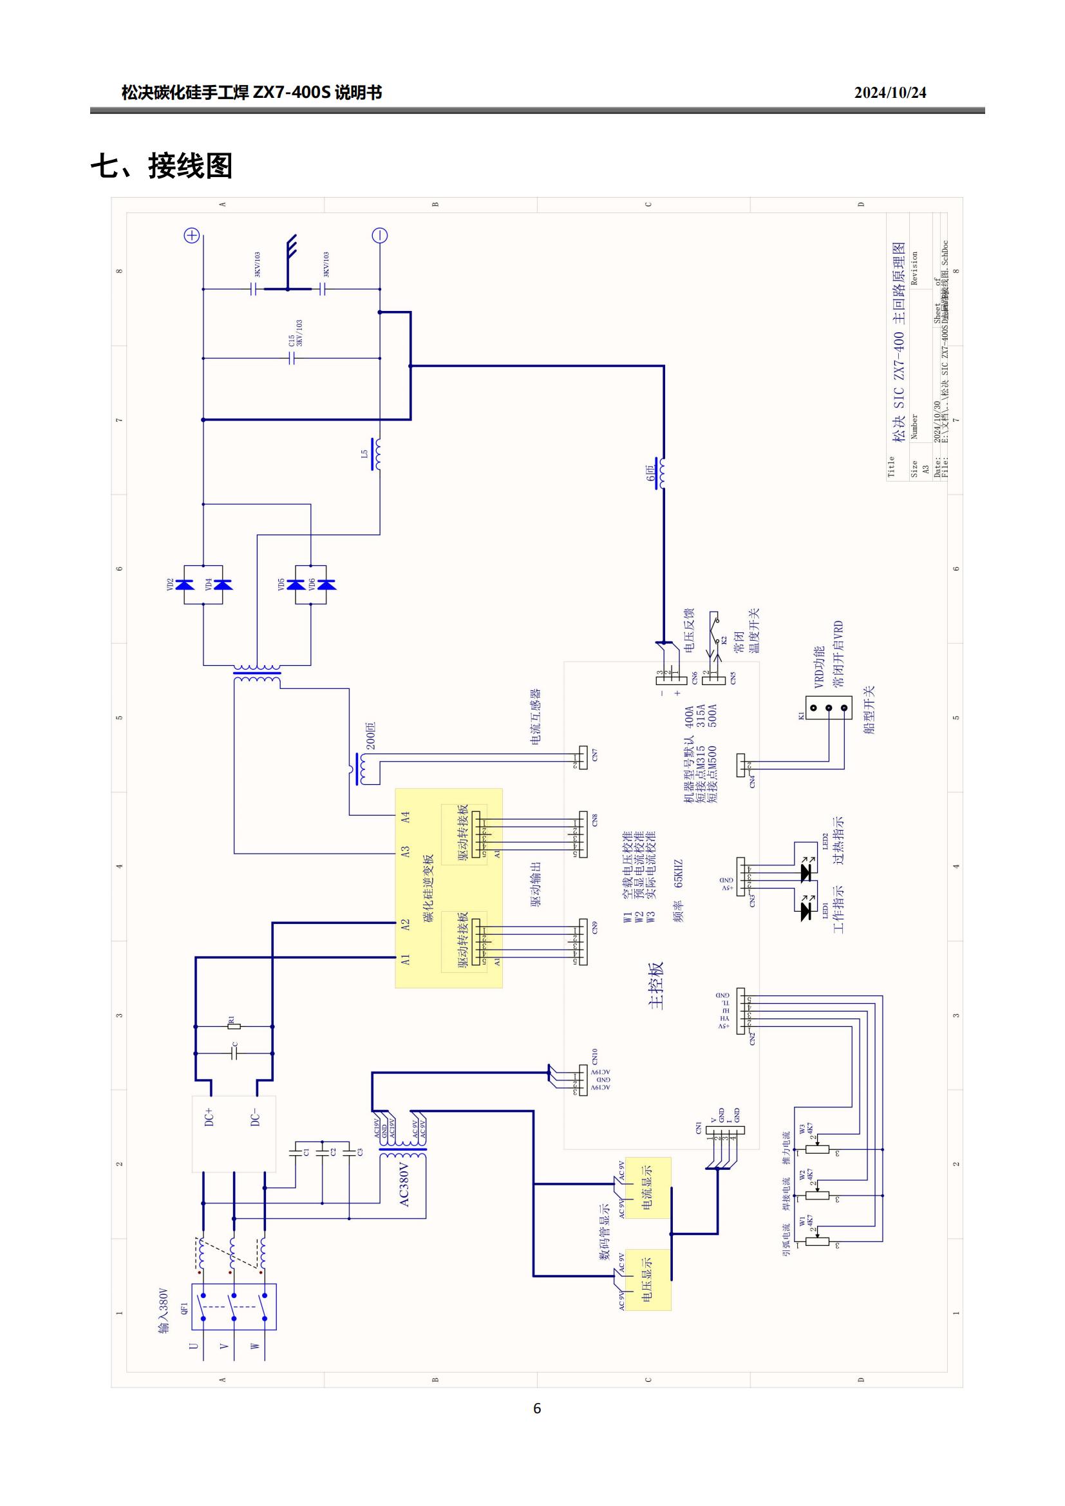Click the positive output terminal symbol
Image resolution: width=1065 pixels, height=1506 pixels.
(191, 236)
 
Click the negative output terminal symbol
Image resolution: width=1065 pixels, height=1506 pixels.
(380, 236)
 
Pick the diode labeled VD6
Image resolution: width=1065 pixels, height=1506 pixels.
(325, 585)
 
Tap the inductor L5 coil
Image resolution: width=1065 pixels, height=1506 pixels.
(377, 454)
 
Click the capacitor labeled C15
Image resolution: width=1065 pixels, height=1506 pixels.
(292, 358)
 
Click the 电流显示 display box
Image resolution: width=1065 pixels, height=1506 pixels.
(648, 1188)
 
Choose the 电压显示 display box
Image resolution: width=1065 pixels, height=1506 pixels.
(648, 1279)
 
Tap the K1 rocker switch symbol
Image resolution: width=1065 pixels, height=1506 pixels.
(828, 708)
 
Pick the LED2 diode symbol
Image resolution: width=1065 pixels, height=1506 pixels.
(807, 872)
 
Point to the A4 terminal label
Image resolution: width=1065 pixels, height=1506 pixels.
(405, 816)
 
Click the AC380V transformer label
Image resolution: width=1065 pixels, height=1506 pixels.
(404, 1184)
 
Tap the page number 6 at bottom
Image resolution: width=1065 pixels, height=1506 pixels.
(537, 1408)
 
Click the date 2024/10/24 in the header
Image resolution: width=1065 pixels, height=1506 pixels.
(890, 93)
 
